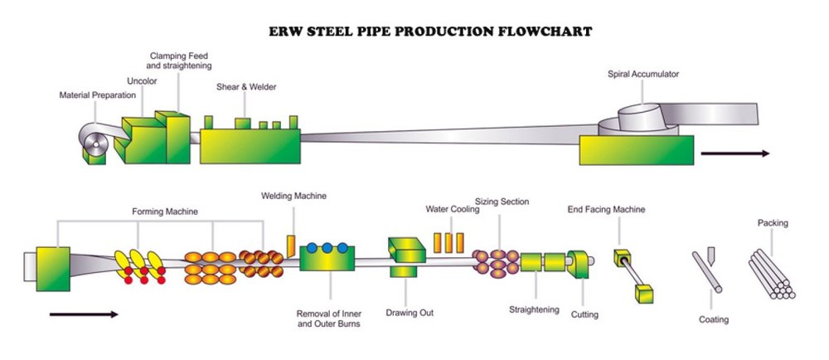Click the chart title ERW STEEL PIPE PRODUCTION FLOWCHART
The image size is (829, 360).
tap(430, 32)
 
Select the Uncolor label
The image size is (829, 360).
tap(142, 81)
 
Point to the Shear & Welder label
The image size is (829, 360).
tap(246, 86)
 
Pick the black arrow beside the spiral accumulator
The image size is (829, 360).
tap(734, 153)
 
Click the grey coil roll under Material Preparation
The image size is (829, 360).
tap(93, 144)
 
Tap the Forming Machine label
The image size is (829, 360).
tap(165, 212)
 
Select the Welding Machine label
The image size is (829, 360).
tap(293, 196)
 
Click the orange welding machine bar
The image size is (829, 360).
tap(291, 246)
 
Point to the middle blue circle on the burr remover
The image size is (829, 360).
tap(327, 248)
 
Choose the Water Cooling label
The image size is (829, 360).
tap(448, 209)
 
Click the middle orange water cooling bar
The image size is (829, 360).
tap(448, 242)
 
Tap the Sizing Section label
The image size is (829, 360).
tap(502, 201)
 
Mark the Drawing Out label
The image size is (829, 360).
tap(410, 313)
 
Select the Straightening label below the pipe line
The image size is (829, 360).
tap(534, 309)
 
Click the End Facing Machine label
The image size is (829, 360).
tap(606, 209)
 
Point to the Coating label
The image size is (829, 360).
tap(713, 319)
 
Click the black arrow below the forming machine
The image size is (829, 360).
tap(84, 314)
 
